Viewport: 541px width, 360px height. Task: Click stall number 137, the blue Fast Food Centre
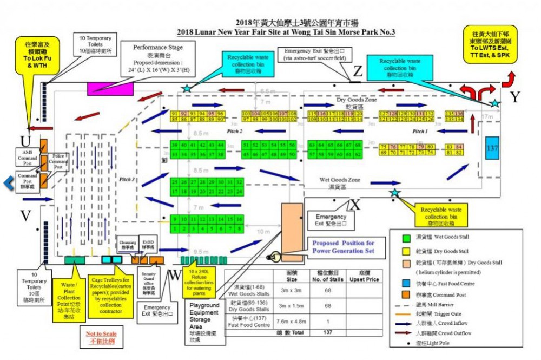pyautogui.click(x=492, y=148)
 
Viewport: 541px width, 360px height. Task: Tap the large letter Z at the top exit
pyautogui.click(x=358, y=71)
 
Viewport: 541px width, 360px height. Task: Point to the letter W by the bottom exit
pyautogui.click(x=174, y=275)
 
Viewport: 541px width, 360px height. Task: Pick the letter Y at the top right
pyautogui.click(x=515, y=97)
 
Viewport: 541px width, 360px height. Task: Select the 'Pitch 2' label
pyautogui.click(x=235, y=132)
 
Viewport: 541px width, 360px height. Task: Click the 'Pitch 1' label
pyautogui.click(x=420, y=132)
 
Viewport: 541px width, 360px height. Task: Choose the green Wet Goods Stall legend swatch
pyautogui.click(x=405, y=237)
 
